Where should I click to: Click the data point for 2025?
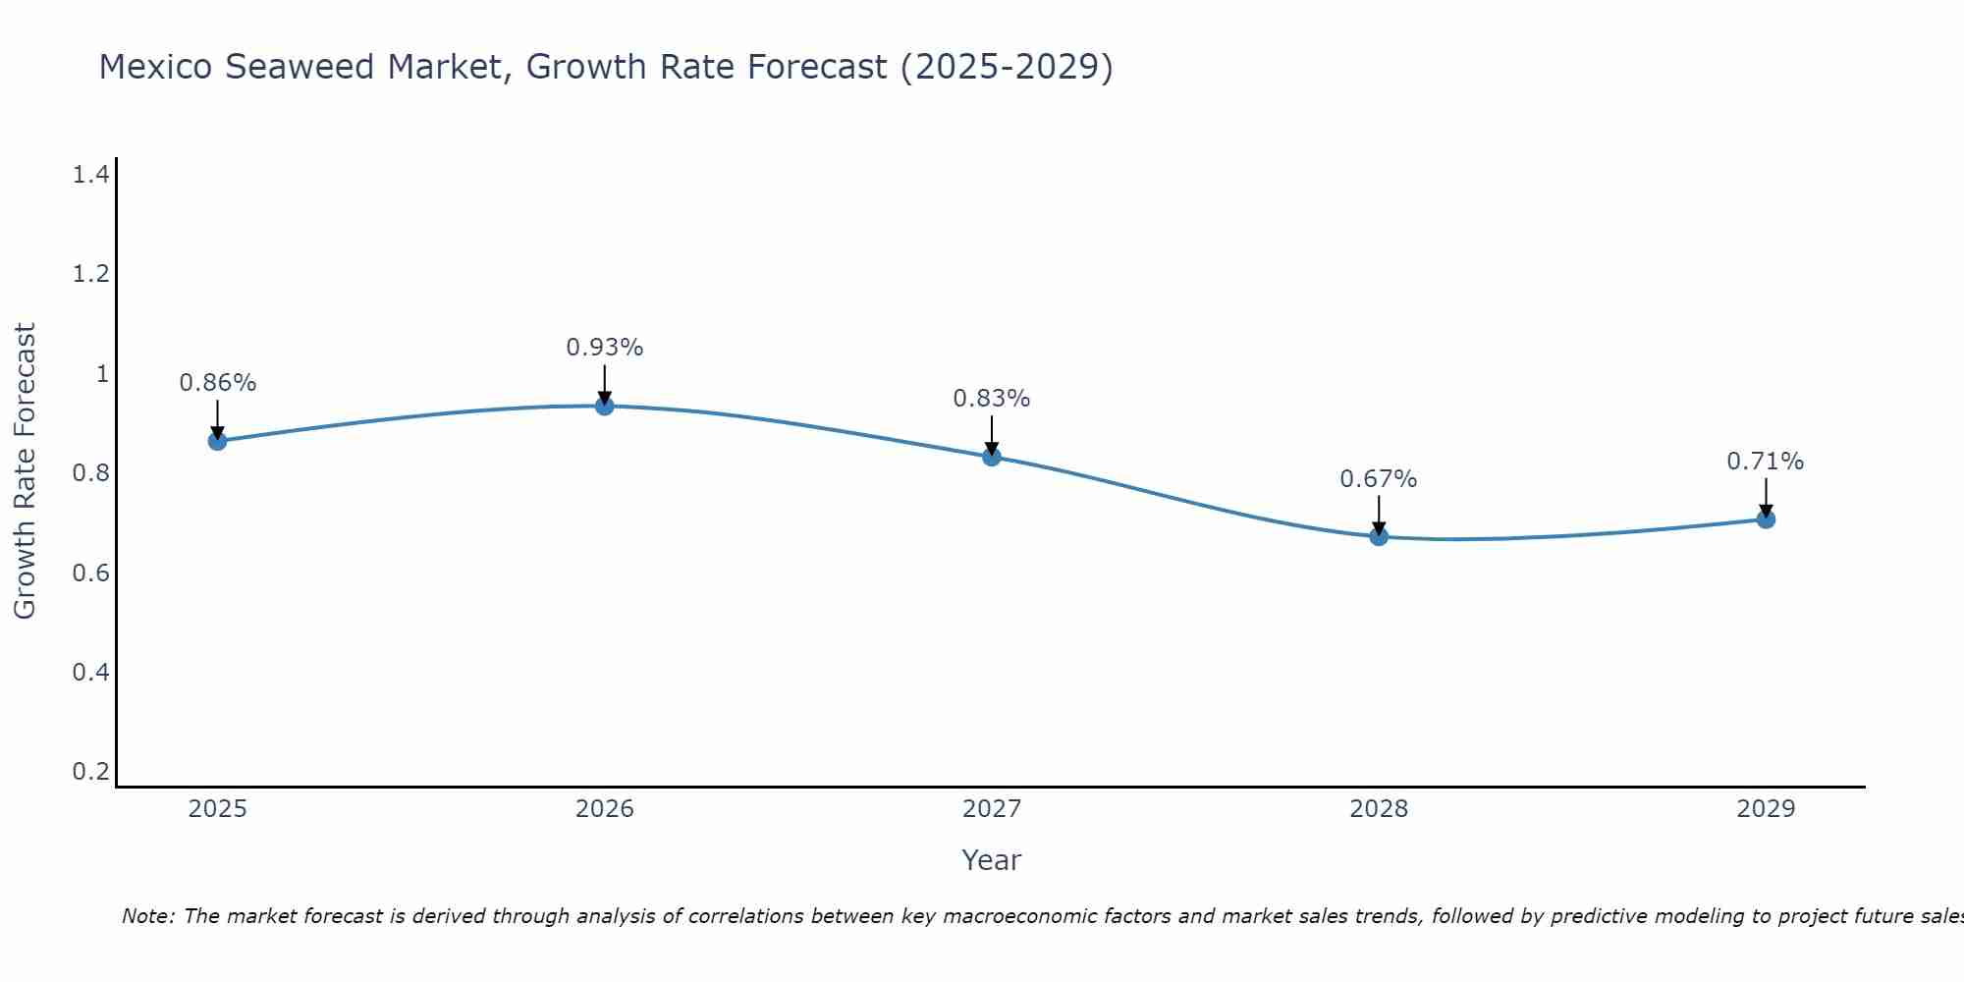pyautogui.click(x=217, y=441)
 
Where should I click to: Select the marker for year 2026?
pyautogui.click(x=604, y=406)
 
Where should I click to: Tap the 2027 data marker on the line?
pyautogui.click(x=991, y=457)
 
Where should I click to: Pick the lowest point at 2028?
pyautogui.click(x=1378, y=536)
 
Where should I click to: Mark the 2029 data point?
pyautogui.click(x=1765, y=518)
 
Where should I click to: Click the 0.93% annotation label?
pyautogui.click(x=604, y=348)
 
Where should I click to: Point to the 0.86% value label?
pyautogui.click(x=217, y=383)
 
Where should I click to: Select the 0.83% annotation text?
pyautogui.click(x=991, y=399)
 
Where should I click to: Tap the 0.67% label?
pyautogui.click(x=1378, y=479)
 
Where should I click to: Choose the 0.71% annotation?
pyautogui.click(x=1765, y=462)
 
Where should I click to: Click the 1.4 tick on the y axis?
pyautogui.click(x=90, y=175)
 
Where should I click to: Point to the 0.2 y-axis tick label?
pyautogui.click(x=90, y=771)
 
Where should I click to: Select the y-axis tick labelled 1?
pyautogui.click(x=101, y=374)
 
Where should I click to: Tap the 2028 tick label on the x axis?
pyautogui.click(x=1378, y=809)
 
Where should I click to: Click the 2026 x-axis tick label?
pyautogui.click(x=604, y=809)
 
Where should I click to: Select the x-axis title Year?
pyautogui.click(x=991, y=860)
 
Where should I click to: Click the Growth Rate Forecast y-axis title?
pyautogui.click(x=25, y=471)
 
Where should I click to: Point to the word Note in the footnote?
pyautogui.click(x=146, y=916)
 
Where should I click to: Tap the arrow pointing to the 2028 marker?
pyautogui.click(x=1378, y=514)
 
